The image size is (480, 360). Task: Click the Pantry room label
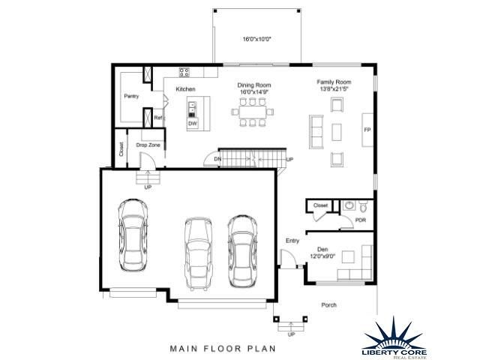pos(131,97)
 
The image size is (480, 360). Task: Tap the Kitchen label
pos(185,89)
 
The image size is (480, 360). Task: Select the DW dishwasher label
pos(193,123)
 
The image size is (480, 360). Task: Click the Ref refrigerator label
pos(157,118)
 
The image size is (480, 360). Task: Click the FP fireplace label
pos(367,130)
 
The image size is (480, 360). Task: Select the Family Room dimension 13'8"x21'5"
pos(334,88)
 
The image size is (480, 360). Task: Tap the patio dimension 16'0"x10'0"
pos(256,39)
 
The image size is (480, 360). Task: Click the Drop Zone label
pos(148,145)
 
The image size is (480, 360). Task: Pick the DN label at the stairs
pos(217,160)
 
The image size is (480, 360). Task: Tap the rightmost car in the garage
pos(243,252)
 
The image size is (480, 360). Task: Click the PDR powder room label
pos(360,220)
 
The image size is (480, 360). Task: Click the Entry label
pos(292,241)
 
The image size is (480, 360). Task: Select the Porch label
pos(328,305)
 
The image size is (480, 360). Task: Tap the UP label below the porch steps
pos(291,334)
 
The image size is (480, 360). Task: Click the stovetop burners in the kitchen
pos(184,72)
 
